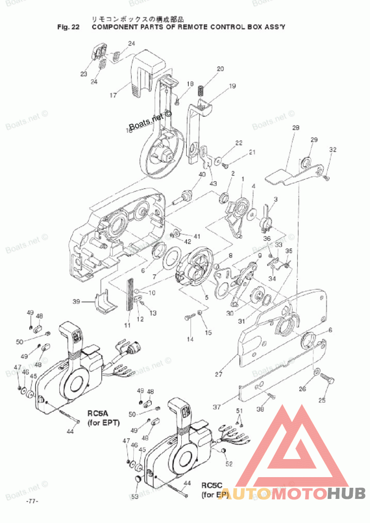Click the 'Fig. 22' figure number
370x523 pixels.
coord(68,27)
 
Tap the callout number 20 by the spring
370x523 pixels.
coord(220,69)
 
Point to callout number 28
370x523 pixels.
coord(296,127)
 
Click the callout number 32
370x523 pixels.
coord(333,150)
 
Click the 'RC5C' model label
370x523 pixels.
coord(212,485)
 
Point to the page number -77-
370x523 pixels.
coord(32,501)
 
